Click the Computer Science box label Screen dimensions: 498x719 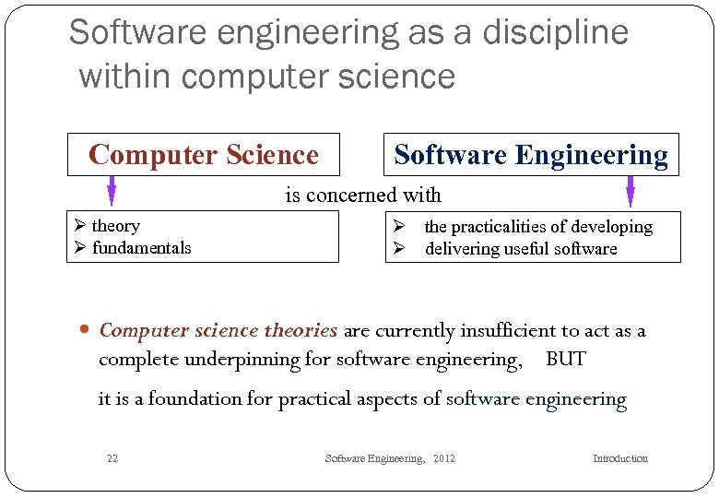coord(204,155)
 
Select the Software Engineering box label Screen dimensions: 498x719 coord(531,155)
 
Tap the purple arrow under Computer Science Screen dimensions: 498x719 coord(112,190)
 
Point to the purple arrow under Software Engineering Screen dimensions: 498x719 coord(631,191)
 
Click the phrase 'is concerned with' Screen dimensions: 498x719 coord(363,196)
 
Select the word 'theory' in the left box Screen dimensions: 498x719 coord(116,226)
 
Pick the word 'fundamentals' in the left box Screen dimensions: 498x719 coord(142,248)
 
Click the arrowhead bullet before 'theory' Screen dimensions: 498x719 coord(80,226)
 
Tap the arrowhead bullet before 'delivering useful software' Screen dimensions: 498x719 coord(399,249)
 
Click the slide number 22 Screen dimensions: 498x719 coord(112,459)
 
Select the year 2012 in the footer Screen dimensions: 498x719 coord(443,459)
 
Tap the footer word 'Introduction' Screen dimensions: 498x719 coord(619,459)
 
